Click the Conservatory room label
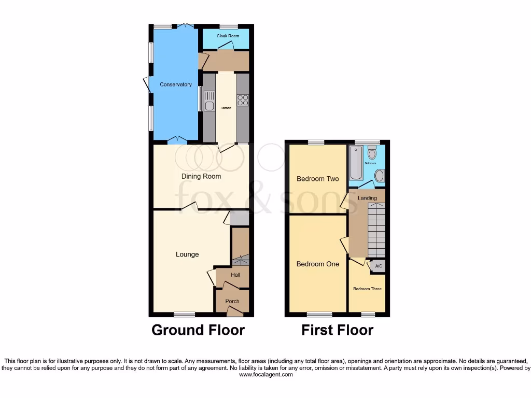pos(176,84)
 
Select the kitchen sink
pos(209,101)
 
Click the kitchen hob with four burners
pos(242,100)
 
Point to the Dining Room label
pos(201,176)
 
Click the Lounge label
pos(187,254)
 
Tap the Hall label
pos(235,275)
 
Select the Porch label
pos(232,301)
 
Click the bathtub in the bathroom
pos(355,162)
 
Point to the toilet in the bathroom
pos(371,153)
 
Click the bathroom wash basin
pos(379,177)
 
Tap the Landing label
pos(367,198)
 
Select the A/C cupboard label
pos(378,266)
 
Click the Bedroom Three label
pos(367,289)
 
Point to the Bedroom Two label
pos(317,179)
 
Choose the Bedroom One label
pos(317,264)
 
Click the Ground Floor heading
pos(198,330)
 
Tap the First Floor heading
pos(337,330)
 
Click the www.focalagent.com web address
pos(265,375)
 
